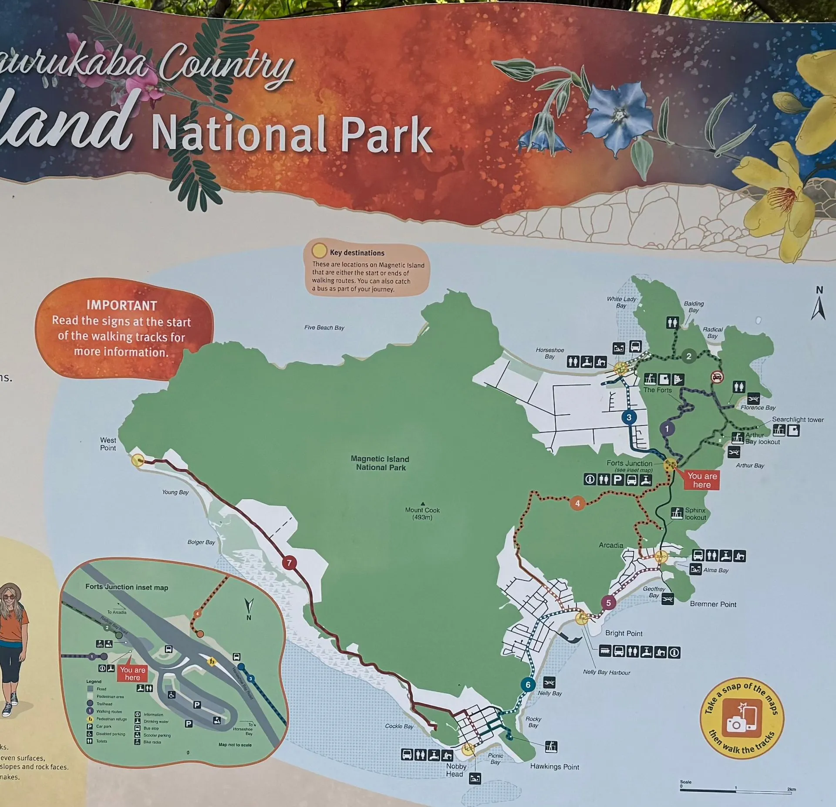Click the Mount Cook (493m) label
pyautogui.click(x=422, y=513)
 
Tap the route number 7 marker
pyautogui.click(x=289, y=563)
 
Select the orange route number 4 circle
pyautogui.click(x=577, y=503)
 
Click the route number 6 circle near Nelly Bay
pyautogui.click(x=528, y=685)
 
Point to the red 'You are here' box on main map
pyautogui.click(x=701, y=480)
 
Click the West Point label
pyautogui.click(x=108, y=444)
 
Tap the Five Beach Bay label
pyautogui.click(x=324, y=328)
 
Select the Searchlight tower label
pyautogui.click(x=798, y=419)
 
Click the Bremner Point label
pyautogui.click(x=713, y=604)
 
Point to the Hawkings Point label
pyautogui.click(x=554, y=766)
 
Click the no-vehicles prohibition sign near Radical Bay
pyautogui.click(x=717, y=377)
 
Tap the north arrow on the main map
pyautogui.click(x=819, y=307)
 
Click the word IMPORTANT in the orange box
pyautogui.click(x=121, y=305)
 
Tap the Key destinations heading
pyautogui.click(x=357, y=253)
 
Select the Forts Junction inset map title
pyautogui.click(x=126, y=587)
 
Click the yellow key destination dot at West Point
pyautogui.click(x=138, y=460)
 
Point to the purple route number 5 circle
pyautogui.click(x=608, y=603)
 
